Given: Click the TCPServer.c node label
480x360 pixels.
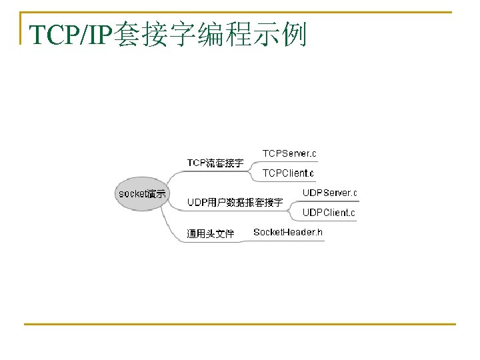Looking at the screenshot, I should click(x=289, y=153).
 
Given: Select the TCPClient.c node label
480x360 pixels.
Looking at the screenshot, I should click(x=288, y=173).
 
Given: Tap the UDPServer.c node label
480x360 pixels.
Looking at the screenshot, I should click(x=329, y=193).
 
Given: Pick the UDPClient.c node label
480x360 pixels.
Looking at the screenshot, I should click(x=329, y=213).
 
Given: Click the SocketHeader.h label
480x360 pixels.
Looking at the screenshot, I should click(x=288, y=233).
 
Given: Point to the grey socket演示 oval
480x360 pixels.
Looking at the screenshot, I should click(x=142, y=194).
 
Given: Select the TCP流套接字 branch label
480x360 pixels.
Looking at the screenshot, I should click(x=215, y=163).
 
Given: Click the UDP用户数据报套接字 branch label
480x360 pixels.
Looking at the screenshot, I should click(x=235, y=202).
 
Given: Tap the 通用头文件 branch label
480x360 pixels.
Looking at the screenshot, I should click(x=210, y=234).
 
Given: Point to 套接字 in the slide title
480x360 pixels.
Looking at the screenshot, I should click(x=155, y=35).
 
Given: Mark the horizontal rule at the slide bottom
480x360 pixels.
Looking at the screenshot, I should click(x=240, y=325).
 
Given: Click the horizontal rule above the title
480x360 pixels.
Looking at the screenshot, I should click(x=240, y=12).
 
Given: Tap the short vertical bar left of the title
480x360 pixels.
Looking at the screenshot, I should click(x=21, y=28).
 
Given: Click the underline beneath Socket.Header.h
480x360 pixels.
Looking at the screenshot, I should click(x=288, y=241).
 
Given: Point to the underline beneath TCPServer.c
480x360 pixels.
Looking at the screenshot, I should click(x=289, y=162).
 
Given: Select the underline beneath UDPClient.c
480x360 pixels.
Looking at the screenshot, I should click(x=329, y=221).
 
